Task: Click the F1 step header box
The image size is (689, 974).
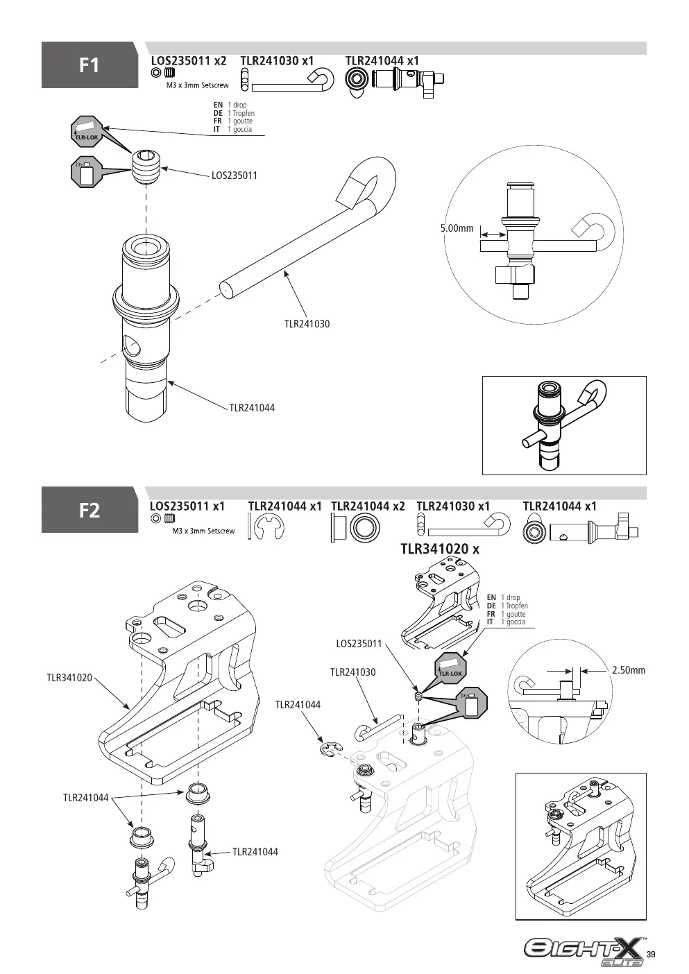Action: [90, 65]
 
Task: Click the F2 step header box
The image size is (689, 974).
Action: [90, 510]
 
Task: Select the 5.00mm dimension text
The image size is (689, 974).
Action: [457, 228]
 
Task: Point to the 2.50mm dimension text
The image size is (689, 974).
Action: [629, 670]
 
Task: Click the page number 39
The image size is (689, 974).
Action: [651, 955]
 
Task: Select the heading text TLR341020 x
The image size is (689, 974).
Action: [440, 549]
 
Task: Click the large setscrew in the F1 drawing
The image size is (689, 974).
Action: [146, 166]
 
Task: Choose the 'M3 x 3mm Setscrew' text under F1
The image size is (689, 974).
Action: [198, 85]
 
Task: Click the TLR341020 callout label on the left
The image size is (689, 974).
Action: [69, 678]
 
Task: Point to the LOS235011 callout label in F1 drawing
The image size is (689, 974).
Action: [235, 176]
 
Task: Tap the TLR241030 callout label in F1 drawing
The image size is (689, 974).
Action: [307, 324]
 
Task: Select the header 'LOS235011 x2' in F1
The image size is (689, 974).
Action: [189, 61]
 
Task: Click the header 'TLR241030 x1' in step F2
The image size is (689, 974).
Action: [453, 506]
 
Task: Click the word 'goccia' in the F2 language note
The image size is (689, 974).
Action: [516, 622]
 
